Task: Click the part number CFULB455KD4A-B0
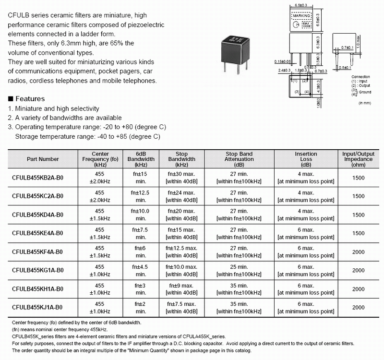coord(38,213)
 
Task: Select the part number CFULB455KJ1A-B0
coord(37,307)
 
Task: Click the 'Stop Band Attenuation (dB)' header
coord(239,159)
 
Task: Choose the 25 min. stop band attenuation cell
coord(239,266)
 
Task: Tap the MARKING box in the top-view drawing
coord(302,16)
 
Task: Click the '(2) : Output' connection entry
coord(361,85)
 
